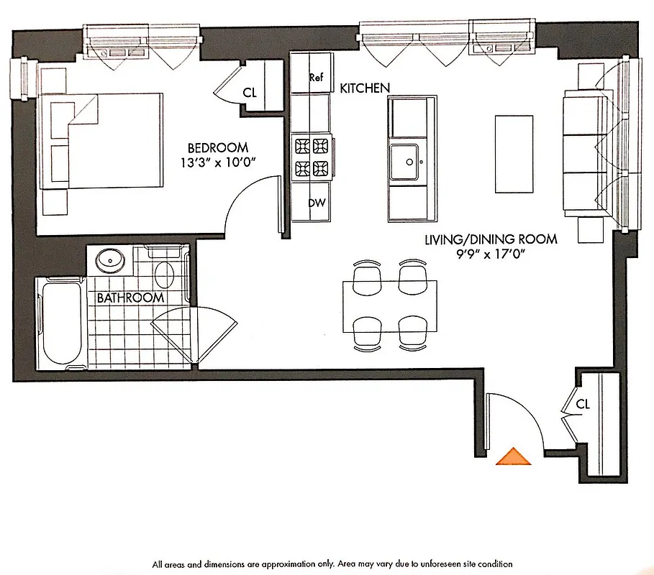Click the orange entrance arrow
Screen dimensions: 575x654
point(513,457)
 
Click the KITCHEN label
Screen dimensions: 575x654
point(365,88)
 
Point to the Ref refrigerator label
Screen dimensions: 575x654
point(317,78)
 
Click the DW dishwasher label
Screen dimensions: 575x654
point(317,203)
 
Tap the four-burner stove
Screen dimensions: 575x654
point(311,157)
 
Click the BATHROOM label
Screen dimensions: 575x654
point(130,298)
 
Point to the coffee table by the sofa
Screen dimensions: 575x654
point(514,153)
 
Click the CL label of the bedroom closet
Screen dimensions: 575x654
point(250,92)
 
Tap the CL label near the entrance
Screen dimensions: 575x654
point(583,405)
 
